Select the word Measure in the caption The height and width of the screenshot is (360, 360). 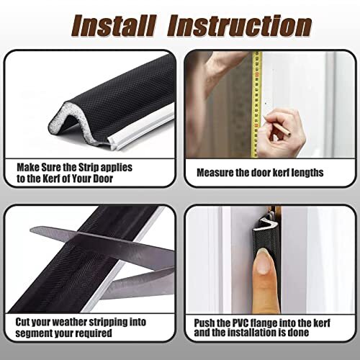pyautogui.click(x=215, y=172)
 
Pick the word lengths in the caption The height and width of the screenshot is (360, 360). pyautogui.click(x=306, y=172)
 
